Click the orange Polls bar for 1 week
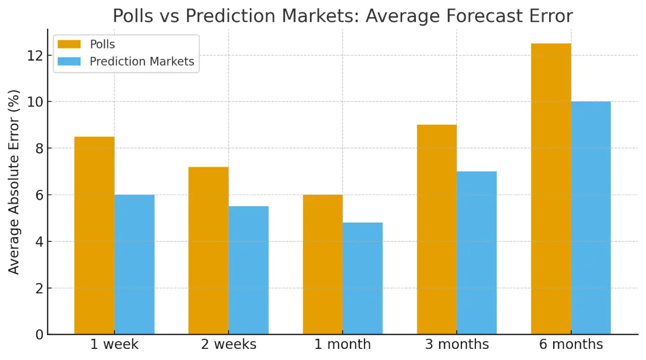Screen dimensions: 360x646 94,235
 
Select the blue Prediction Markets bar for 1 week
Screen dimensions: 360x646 134,265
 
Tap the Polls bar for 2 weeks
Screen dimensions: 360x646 208,250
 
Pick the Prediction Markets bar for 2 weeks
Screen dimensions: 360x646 248,270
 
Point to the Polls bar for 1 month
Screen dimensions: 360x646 322,265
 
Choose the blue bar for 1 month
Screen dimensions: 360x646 362,278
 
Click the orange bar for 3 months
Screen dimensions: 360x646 437,229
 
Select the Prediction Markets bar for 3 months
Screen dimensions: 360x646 477,252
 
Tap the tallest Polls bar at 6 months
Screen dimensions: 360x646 551,189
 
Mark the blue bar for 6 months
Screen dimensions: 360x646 591,218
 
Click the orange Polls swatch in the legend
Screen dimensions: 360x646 69,44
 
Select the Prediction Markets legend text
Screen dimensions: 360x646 142,62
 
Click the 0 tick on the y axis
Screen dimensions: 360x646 38,334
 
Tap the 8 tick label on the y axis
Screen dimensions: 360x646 38,148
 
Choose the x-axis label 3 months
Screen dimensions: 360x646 457,344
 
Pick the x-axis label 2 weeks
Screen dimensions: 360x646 229,344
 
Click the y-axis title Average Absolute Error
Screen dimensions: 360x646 14,182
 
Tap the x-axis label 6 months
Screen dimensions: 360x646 571,344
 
